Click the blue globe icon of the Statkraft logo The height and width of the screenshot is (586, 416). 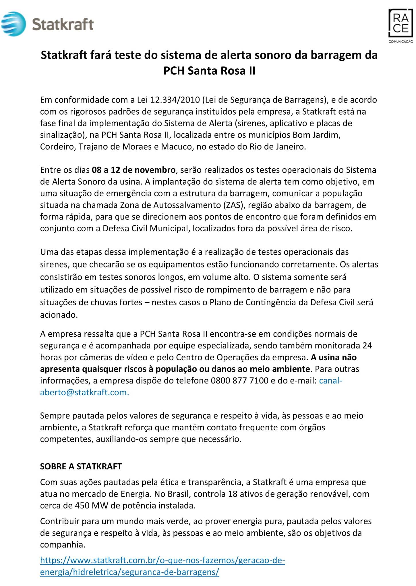13,24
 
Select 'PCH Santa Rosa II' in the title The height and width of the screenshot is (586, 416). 209,71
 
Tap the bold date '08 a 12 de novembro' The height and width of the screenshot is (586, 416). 133,170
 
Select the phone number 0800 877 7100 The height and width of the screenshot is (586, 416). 239,381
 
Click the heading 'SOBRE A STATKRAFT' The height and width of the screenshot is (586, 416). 81,466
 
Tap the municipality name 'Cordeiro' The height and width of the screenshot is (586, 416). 58,147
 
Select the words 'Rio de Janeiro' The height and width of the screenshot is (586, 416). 277,147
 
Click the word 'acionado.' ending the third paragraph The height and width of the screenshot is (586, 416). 59,315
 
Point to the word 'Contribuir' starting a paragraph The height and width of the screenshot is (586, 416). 61,521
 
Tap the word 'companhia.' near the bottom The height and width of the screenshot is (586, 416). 63,545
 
